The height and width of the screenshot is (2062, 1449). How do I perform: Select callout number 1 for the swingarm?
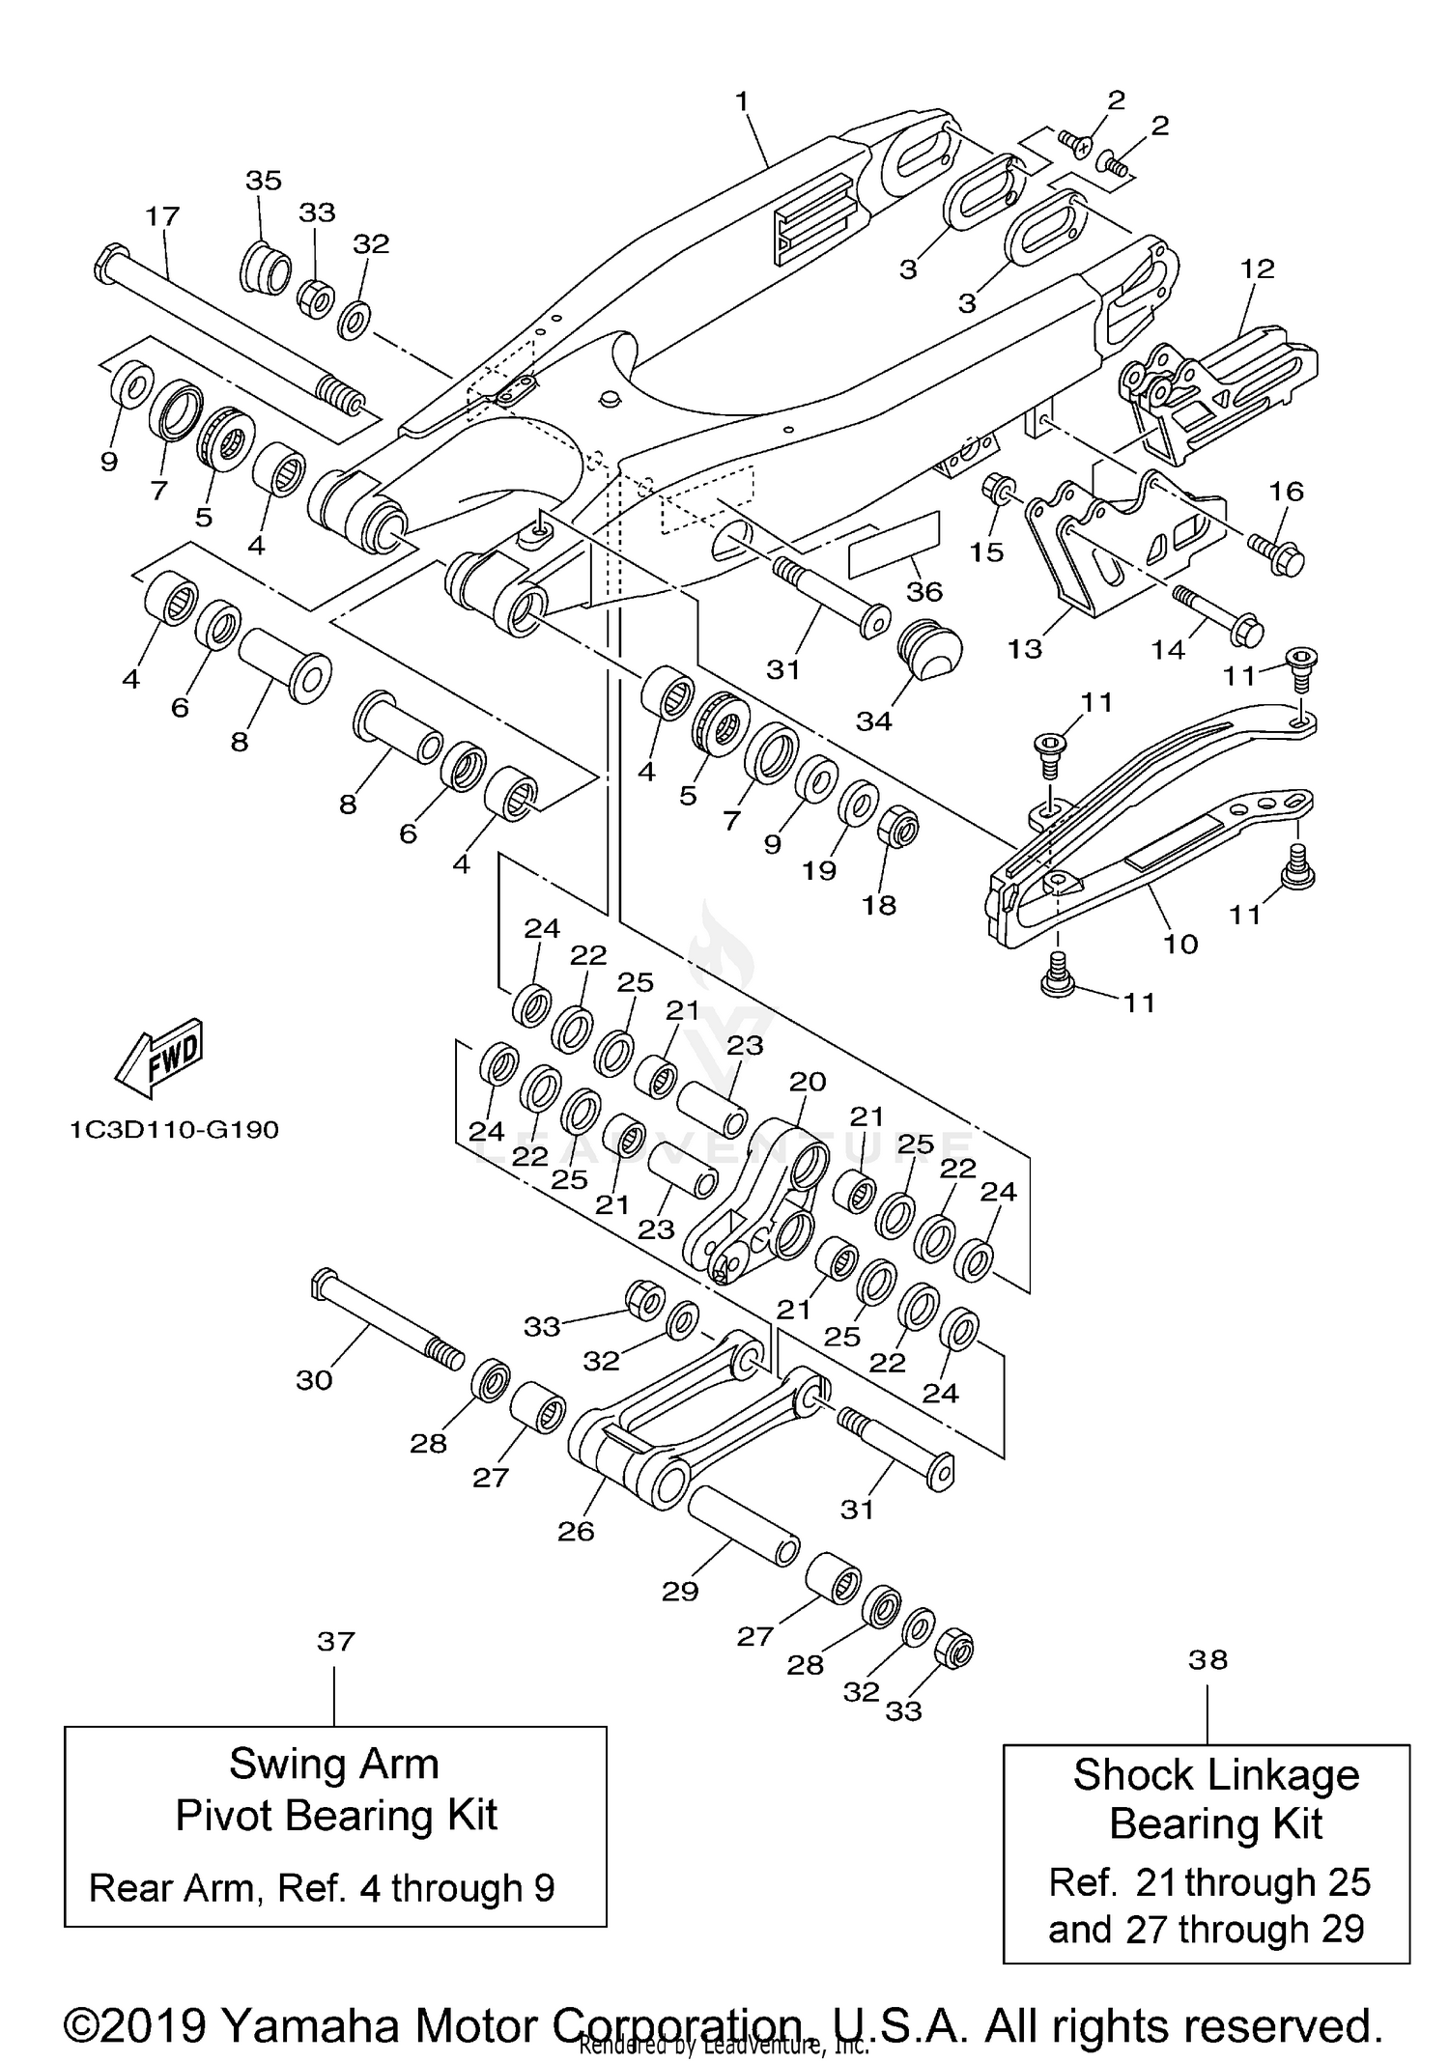tap(742, 100)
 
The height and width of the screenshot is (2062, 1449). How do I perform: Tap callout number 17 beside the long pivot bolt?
tap(162, 215)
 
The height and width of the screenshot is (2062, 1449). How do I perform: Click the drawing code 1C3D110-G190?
tap(174, 1129)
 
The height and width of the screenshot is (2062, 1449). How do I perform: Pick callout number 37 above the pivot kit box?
tap(335, 1641)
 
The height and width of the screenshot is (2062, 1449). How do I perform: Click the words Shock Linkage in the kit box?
tap(1215, 1775)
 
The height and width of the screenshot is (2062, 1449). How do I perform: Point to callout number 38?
tap(1207, 1659)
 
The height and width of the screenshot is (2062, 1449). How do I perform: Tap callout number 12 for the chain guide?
tap(1257, 268)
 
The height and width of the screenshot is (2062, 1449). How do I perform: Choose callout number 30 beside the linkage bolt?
tap(314, 1380)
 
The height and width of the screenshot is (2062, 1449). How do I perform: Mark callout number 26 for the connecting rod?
tap(576, 1531)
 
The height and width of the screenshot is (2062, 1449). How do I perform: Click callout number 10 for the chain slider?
tap(1179, 943)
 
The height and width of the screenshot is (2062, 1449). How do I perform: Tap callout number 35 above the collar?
tap(263, 181)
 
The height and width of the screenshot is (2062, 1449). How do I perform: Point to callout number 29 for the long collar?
tap(679, 1591)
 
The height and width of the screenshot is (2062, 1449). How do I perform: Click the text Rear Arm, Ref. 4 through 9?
tap(322, 1887)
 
